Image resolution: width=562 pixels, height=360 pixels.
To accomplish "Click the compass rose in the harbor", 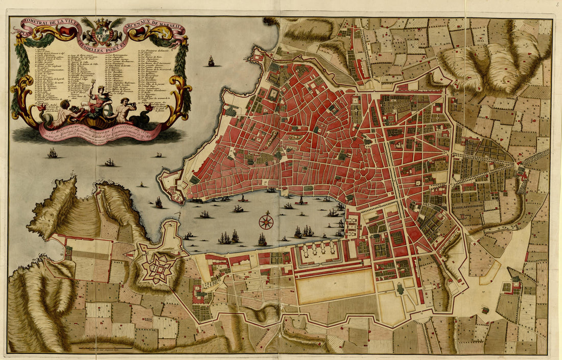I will [266, 222].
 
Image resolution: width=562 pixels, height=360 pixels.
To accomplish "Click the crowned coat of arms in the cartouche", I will [103, 33].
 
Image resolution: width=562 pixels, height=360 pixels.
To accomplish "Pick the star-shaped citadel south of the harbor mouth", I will [156, 267].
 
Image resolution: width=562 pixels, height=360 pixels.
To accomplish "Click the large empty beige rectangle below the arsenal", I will [335, 285].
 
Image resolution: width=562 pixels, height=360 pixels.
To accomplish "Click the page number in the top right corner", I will [558, 4].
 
